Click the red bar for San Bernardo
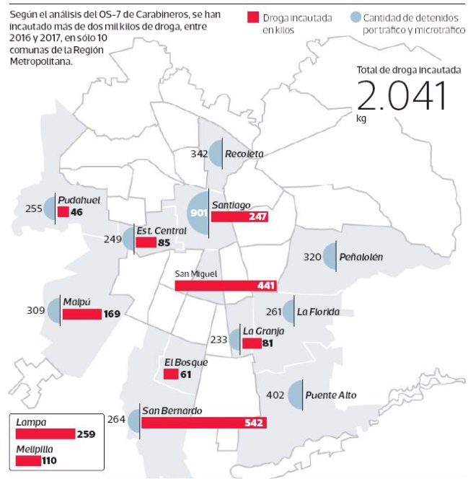pyautogui.click(x=204, y=423)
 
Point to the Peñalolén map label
pyautogui.click(x=362, y=256)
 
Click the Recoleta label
pyautogui.click(x=244, y=154)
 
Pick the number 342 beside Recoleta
pyautogui.click(x=199, y=154)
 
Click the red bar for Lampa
pyautogui.click(x=45, y=434)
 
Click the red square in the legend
pyautogui.click(x=253, y=17)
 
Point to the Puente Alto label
pyautogui.click(x=331, y=395)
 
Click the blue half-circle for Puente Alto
pyautogui.click(x=295, y=395)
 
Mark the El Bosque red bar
pyautogui.click(x=171, y=374)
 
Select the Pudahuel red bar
pyautogui.click(x=63, y=212)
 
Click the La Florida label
pyautogui.click(x=318, y=312)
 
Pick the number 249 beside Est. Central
pyautogui.click(x=112, y=238)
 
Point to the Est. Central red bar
pyautogui.click(x=146, y=243)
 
